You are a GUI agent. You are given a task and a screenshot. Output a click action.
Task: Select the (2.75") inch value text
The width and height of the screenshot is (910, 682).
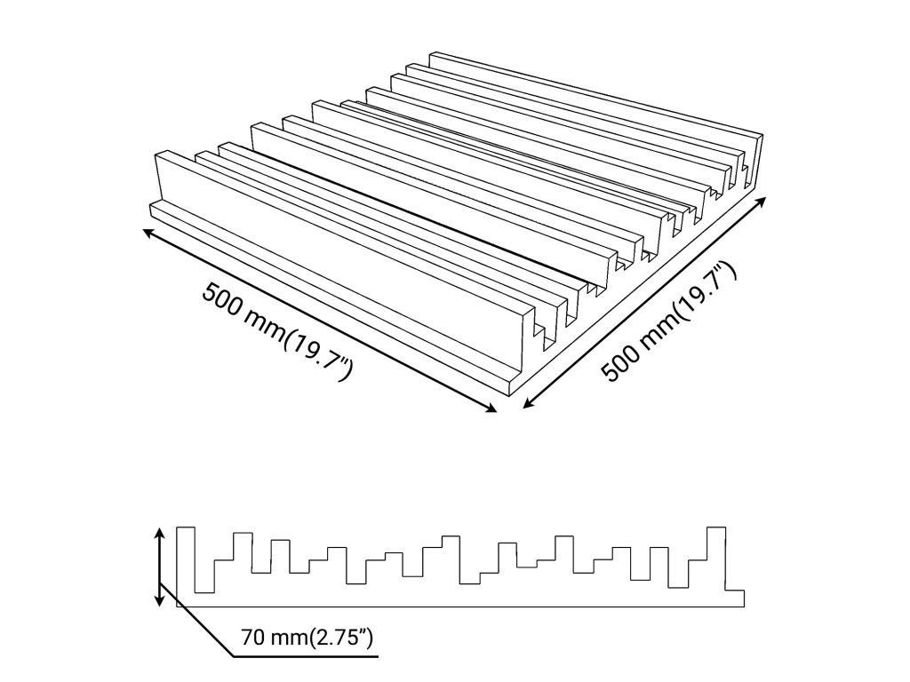[339, 637]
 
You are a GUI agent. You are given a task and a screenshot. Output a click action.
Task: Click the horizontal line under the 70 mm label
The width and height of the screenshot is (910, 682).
[307, 657]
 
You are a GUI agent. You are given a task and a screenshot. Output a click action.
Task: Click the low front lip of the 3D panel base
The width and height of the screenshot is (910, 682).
[320, 293]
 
